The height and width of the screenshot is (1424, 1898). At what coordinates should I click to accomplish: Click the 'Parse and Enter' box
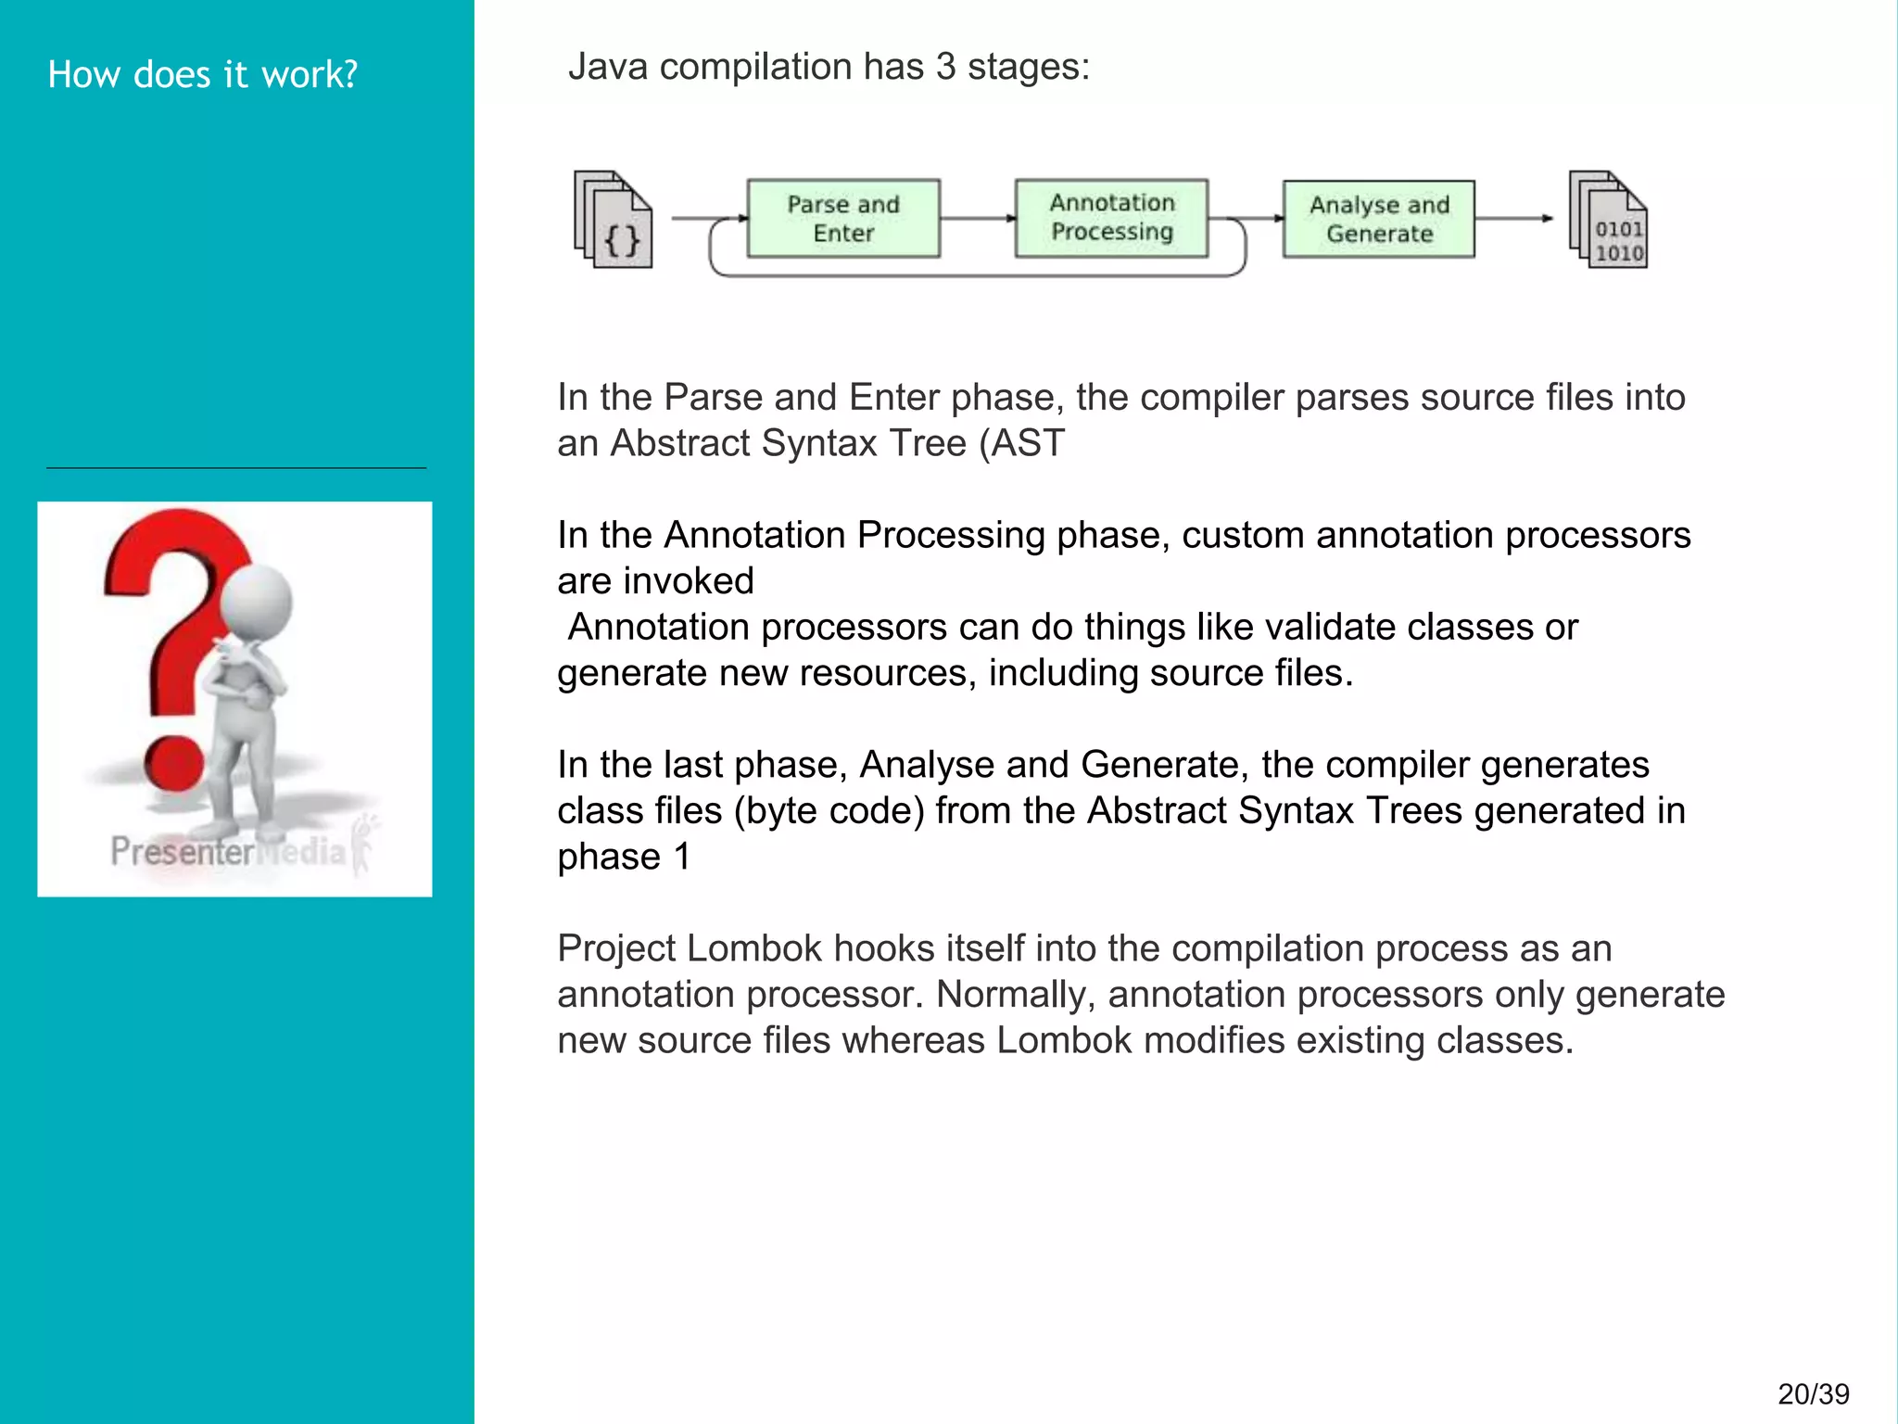(x=843, y=219)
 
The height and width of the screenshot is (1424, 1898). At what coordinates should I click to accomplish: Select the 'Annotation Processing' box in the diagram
(x=1111, y=218)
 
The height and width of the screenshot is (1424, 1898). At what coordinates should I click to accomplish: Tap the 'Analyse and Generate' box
(x=1379, y=219)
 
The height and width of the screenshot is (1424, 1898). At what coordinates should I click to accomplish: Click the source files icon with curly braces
(x=614, y=221)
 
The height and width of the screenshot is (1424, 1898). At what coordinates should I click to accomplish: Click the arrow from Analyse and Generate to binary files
(x=1513, y=219)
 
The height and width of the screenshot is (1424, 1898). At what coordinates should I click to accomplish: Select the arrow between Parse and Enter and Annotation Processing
(x=978, y=219)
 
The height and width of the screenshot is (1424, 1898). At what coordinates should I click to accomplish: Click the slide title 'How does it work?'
(x=202, y=74)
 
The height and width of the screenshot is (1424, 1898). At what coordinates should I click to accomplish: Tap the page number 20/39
(x=1813, y=1393)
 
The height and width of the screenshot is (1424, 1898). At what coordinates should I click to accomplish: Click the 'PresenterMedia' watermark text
(x=227, y=850)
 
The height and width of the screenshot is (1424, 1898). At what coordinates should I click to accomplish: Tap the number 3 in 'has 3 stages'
(x=944, y=67)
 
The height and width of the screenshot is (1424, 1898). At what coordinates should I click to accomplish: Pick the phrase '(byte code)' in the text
(x=829, y=810)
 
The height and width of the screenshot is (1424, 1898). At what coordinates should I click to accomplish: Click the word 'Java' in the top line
(x=608, y=67)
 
